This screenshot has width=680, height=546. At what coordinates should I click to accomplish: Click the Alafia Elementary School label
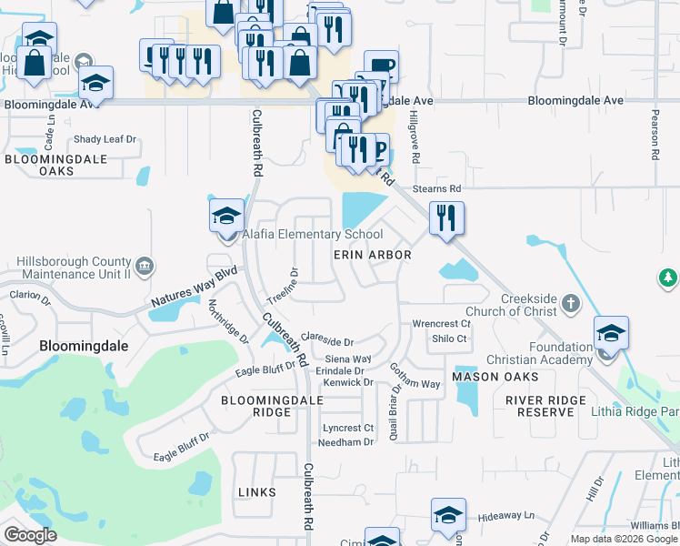pos(312,235)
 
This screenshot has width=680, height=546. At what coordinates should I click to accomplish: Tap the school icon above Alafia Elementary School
pos(226,216)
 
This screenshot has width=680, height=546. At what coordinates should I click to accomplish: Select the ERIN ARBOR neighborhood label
pos(372,256)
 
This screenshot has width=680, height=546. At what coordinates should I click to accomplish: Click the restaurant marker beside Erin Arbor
pos(445,218)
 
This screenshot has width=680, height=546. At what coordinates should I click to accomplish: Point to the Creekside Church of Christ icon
pos(570,302)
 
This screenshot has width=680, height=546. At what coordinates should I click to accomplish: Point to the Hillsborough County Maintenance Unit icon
pos(146,267)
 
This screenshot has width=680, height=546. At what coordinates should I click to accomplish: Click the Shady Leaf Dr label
pos(105,139)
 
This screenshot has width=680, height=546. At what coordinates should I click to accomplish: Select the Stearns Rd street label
pos(437,188)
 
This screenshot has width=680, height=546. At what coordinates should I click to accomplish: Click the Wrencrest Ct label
pos(441,323)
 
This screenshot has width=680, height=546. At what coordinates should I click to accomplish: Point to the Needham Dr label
pos(345,442)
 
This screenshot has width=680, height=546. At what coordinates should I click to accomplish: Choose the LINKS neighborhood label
pos(256,492)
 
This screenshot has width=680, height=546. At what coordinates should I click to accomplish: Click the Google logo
pos(31,535)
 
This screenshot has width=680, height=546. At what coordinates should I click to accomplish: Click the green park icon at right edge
pos(668,277)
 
